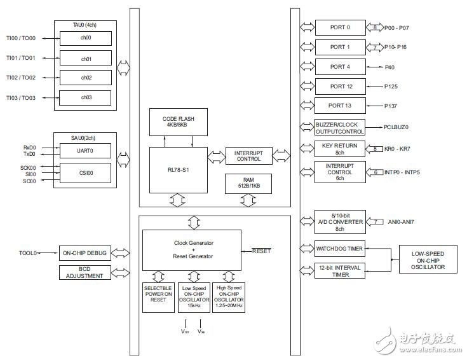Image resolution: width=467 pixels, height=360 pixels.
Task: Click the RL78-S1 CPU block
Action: coord(179,170)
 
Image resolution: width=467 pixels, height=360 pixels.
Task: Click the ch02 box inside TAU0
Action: coord(86,78)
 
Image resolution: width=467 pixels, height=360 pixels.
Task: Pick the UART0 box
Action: coord(86,151)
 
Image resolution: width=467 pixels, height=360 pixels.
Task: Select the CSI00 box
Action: coord(86,172)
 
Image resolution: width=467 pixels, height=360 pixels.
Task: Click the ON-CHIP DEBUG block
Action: coord(86,253)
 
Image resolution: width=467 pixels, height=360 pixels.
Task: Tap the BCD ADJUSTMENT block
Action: coord(86,272)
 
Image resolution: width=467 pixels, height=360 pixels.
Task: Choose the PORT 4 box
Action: coord(340,67)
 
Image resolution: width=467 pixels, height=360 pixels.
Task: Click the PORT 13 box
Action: coord(340,106)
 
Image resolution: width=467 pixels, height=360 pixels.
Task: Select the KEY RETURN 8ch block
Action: coord(340,149)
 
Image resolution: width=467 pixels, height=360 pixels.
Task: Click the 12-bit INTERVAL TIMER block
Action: coord(340,270)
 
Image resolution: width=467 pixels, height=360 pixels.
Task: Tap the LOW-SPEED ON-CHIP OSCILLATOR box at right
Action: coord(427,259)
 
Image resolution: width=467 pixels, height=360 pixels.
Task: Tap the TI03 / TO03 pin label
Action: coord(20,97)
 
